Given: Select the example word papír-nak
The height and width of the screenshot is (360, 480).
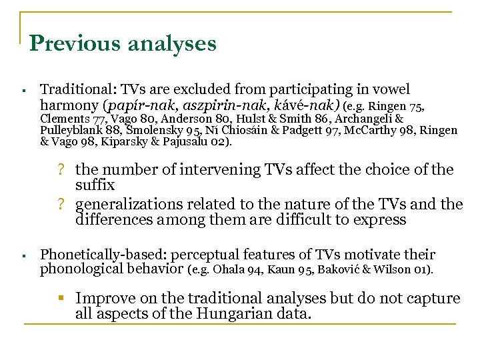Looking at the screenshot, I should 127,105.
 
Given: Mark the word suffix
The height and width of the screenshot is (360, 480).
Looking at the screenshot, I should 95,184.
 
